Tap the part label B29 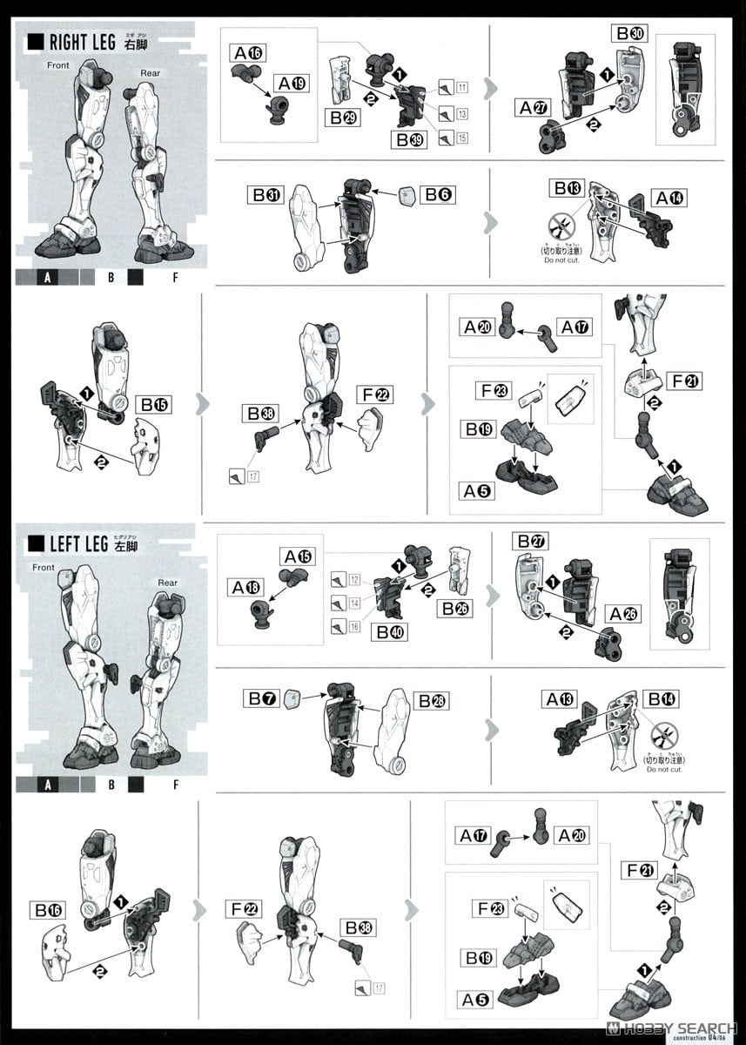(345, 118)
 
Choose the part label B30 (630, 33)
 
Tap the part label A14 (669, 199)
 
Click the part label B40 (389, 633)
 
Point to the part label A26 (624, 614)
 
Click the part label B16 (49, 910)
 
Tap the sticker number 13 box (461, 113)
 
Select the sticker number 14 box (353, 603)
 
